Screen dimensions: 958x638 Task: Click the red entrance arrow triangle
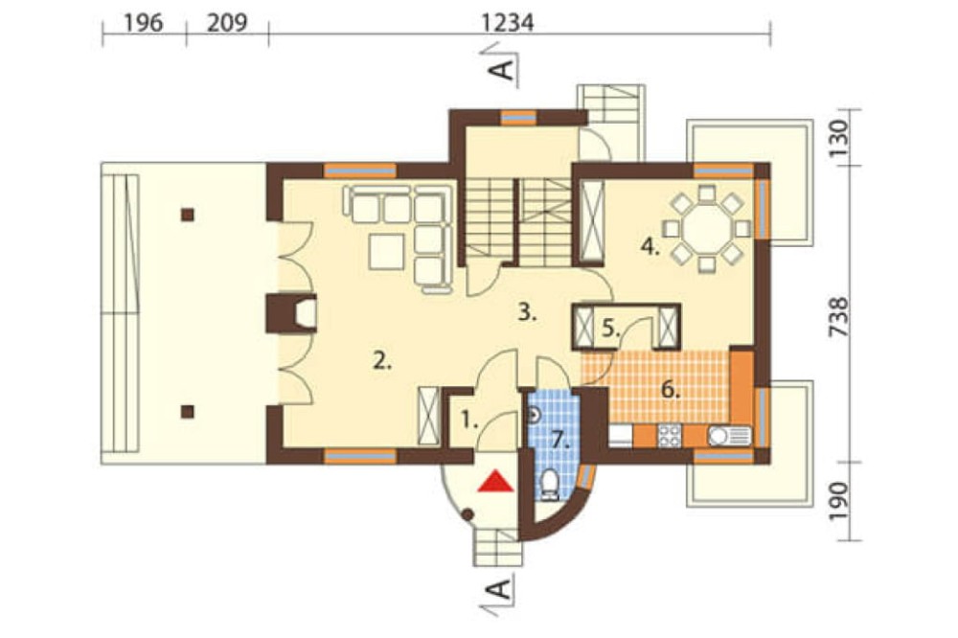point(495,481)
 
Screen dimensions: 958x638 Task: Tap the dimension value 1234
point(508,23)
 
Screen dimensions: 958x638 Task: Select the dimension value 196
point(144,23)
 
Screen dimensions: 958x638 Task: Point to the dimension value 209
point(227,23)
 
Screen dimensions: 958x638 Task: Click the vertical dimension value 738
point(839,316)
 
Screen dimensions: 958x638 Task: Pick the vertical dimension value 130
point(839,138)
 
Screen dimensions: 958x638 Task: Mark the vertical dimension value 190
point(839,501)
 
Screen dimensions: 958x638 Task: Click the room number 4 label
point(650,247)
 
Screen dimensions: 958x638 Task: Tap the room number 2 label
point(382,362)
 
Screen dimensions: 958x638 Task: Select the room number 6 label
point(671,390)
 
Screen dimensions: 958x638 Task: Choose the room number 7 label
point(560,440)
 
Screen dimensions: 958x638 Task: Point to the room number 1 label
point(468,421)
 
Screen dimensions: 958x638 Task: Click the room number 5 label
point(611,329)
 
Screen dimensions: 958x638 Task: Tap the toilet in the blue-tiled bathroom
point(550,486)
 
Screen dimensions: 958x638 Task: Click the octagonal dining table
point(706,229)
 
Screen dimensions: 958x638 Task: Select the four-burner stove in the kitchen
point(669,436)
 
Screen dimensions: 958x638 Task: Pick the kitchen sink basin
point(718,436)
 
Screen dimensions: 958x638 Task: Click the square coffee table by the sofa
point(386,252)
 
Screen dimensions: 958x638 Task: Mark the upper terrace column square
point(188,215)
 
